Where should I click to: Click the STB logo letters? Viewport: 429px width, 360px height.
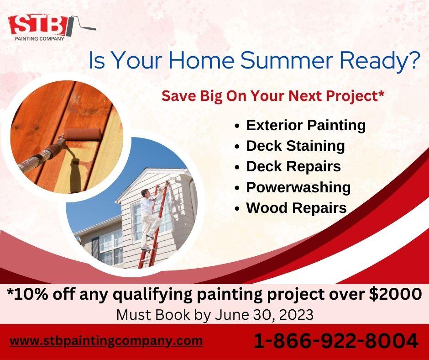tap(37, 25)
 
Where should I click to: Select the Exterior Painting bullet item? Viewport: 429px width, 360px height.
tap(306, 125)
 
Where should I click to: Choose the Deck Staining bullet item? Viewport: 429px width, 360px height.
tap(295, 146)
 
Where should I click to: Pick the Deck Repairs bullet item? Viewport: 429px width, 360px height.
tap(293, 166)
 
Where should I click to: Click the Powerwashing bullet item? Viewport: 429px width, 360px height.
tap(298, 187)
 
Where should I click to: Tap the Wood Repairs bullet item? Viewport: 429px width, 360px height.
tap(296, 208)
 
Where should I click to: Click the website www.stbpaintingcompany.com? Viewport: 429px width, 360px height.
tap(106, 341)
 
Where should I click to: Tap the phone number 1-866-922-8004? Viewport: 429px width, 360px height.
tap(335, 341)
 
